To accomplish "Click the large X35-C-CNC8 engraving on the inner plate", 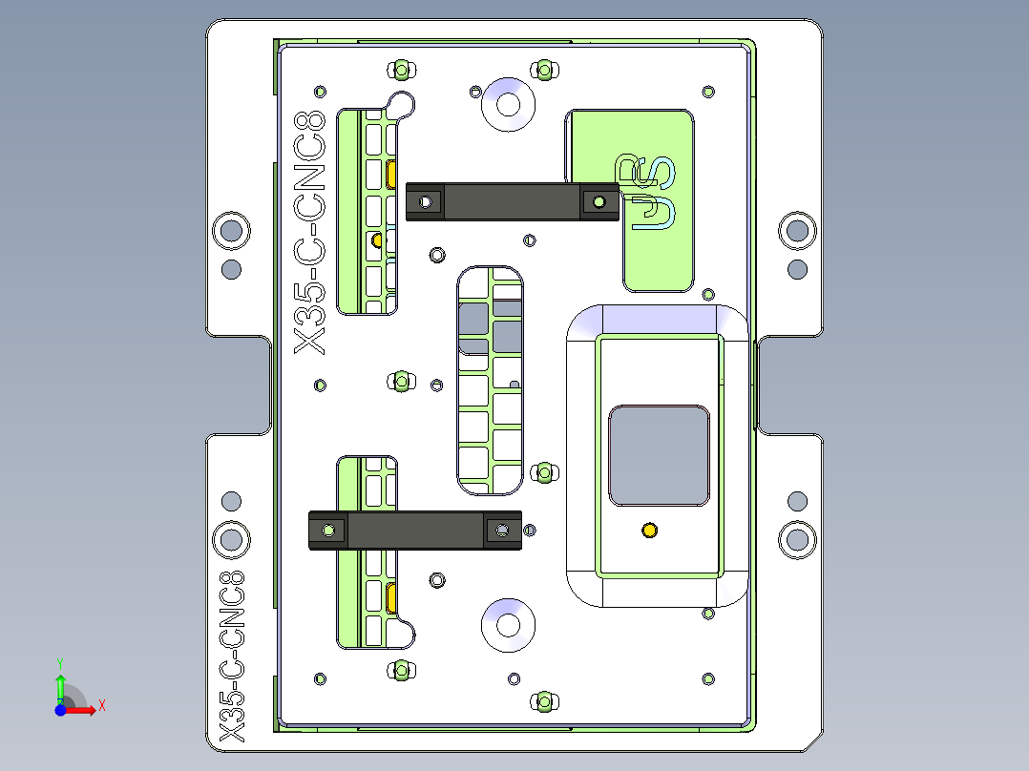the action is point(309,232).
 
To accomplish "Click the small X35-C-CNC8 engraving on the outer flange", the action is point(232,656).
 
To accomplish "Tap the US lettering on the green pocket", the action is point(644,193).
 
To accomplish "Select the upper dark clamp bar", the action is point(513,201).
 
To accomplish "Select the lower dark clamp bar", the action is point(415,531).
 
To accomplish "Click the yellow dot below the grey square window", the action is point(649,531).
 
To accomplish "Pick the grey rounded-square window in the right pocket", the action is point(659,455).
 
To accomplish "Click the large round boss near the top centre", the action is point(508,104).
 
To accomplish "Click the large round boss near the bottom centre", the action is point(508,625).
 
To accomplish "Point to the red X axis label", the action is point(102,706).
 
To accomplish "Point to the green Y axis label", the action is point(60,663).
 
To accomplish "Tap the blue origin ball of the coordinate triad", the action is point(60,710).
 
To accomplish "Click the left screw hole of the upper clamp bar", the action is point(426,201).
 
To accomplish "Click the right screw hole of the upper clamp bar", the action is point(598,202).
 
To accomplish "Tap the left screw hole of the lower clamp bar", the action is point(328,531).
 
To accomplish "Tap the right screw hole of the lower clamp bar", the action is point(502,531).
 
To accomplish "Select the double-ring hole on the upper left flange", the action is point(232,231).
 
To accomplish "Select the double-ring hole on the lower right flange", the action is point(797,540).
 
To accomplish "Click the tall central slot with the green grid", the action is point(491,381).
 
